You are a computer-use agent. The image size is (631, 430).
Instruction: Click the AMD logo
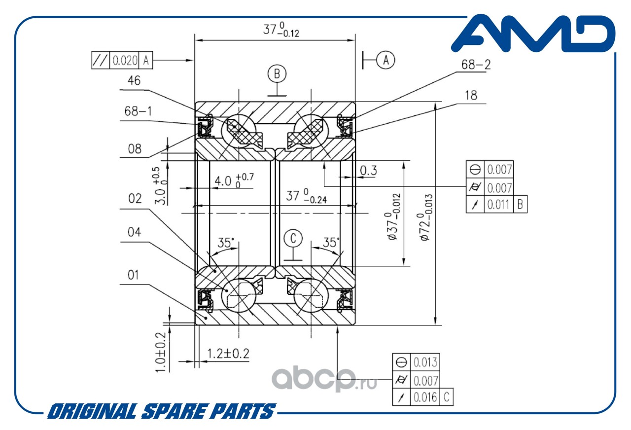coord(533,34)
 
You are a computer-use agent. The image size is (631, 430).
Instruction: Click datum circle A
coord(386,60)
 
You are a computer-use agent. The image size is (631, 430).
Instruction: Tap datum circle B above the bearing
coord(277,74)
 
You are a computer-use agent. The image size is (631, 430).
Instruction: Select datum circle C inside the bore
coord(293,239)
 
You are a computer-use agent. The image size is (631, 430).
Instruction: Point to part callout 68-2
coord(476,65)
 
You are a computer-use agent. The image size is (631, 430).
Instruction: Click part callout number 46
coord(134,81)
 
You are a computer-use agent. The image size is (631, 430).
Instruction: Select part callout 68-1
coord(138,111)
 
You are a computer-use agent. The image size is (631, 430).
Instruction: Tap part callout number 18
coord(471,96)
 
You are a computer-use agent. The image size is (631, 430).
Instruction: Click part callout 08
coord(135,149)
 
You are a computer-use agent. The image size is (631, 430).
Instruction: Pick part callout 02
coord(135,199)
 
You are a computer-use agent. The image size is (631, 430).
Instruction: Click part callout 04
coord(134,232)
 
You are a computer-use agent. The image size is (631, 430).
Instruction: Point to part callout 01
coord(133,275)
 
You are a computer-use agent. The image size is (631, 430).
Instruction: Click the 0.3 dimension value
coord(368,171)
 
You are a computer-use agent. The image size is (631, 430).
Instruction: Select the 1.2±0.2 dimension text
coord(228,354)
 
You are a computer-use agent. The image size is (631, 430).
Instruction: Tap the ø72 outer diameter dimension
coord(425,217)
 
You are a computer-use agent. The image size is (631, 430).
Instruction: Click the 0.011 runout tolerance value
coord(498,205)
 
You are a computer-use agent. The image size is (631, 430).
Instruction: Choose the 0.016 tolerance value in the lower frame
coord(425,397)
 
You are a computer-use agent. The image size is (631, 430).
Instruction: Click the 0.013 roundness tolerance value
coord(425,362)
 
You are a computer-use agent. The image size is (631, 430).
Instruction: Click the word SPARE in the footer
coord(173,411)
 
